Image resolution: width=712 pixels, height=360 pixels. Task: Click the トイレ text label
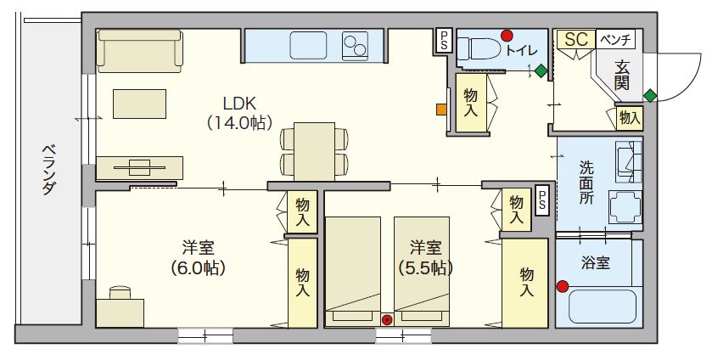[x=521, y=50]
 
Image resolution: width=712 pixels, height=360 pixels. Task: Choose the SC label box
[x=576, y=39]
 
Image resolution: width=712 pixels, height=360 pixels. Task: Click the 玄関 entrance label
[x=622, y=74]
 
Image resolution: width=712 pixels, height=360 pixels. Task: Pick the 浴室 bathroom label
[x=597, y=262]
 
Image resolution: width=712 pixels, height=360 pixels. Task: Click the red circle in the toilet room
[x=507, y=36]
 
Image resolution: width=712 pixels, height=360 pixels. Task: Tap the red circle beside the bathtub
[x=562, y=286]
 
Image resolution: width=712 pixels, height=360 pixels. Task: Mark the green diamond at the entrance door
[x=650, y=93]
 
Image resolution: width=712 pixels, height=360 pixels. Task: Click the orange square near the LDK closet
[x=441, y=109]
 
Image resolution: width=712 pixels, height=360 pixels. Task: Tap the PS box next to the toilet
[x=444, y=38]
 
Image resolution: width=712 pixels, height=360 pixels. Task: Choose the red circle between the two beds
[x=387, y=320]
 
